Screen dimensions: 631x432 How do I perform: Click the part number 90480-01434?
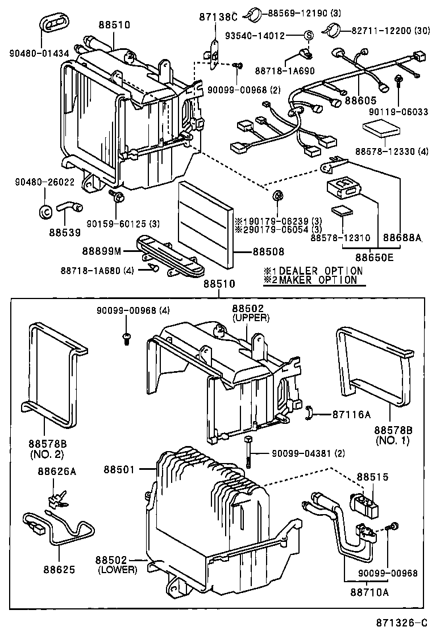coord(39,54)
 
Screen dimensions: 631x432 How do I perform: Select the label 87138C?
coord(213,18)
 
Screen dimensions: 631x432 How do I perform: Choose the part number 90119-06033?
coord(399,112)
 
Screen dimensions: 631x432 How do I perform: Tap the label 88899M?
coord(109,250)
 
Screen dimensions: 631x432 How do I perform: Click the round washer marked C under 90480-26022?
coord(45,211)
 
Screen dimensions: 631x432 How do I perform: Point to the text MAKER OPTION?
coord(318,280)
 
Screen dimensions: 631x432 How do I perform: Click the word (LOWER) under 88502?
coord(118,570)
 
